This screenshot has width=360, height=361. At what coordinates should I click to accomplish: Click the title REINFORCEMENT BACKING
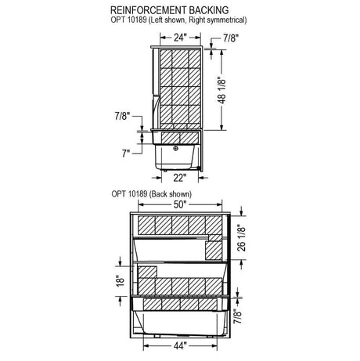pos(170,10)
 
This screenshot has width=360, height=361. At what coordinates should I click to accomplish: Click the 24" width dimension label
pos(179,38)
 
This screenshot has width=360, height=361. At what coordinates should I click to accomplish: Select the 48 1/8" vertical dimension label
pos(221,90)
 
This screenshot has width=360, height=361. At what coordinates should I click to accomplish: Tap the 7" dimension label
pos(126,153)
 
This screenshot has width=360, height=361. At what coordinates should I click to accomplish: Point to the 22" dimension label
pos(180,178)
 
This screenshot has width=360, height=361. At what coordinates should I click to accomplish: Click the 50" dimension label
pos(179,204)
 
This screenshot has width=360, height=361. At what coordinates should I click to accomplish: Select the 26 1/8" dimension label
pos(242,239)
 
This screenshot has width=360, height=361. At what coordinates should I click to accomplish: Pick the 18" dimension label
pos(121,281)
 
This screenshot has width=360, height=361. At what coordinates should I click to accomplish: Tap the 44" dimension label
pos(180,346)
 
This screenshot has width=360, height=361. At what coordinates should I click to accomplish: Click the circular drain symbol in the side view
pos(176,148)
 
